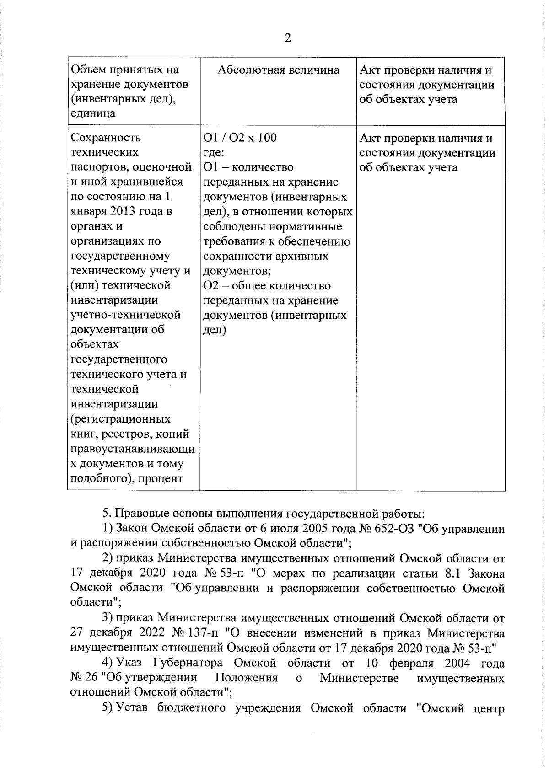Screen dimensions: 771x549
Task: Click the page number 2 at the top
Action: click(288, 38)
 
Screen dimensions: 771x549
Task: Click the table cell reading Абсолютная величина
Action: click(278, 70)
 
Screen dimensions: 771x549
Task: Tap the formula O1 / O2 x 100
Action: click(240, 138)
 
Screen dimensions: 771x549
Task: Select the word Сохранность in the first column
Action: click(106, 138)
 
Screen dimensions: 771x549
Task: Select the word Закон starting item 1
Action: click(132, 529)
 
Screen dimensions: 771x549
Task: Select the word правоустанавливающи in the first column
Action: click(133, 449)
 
